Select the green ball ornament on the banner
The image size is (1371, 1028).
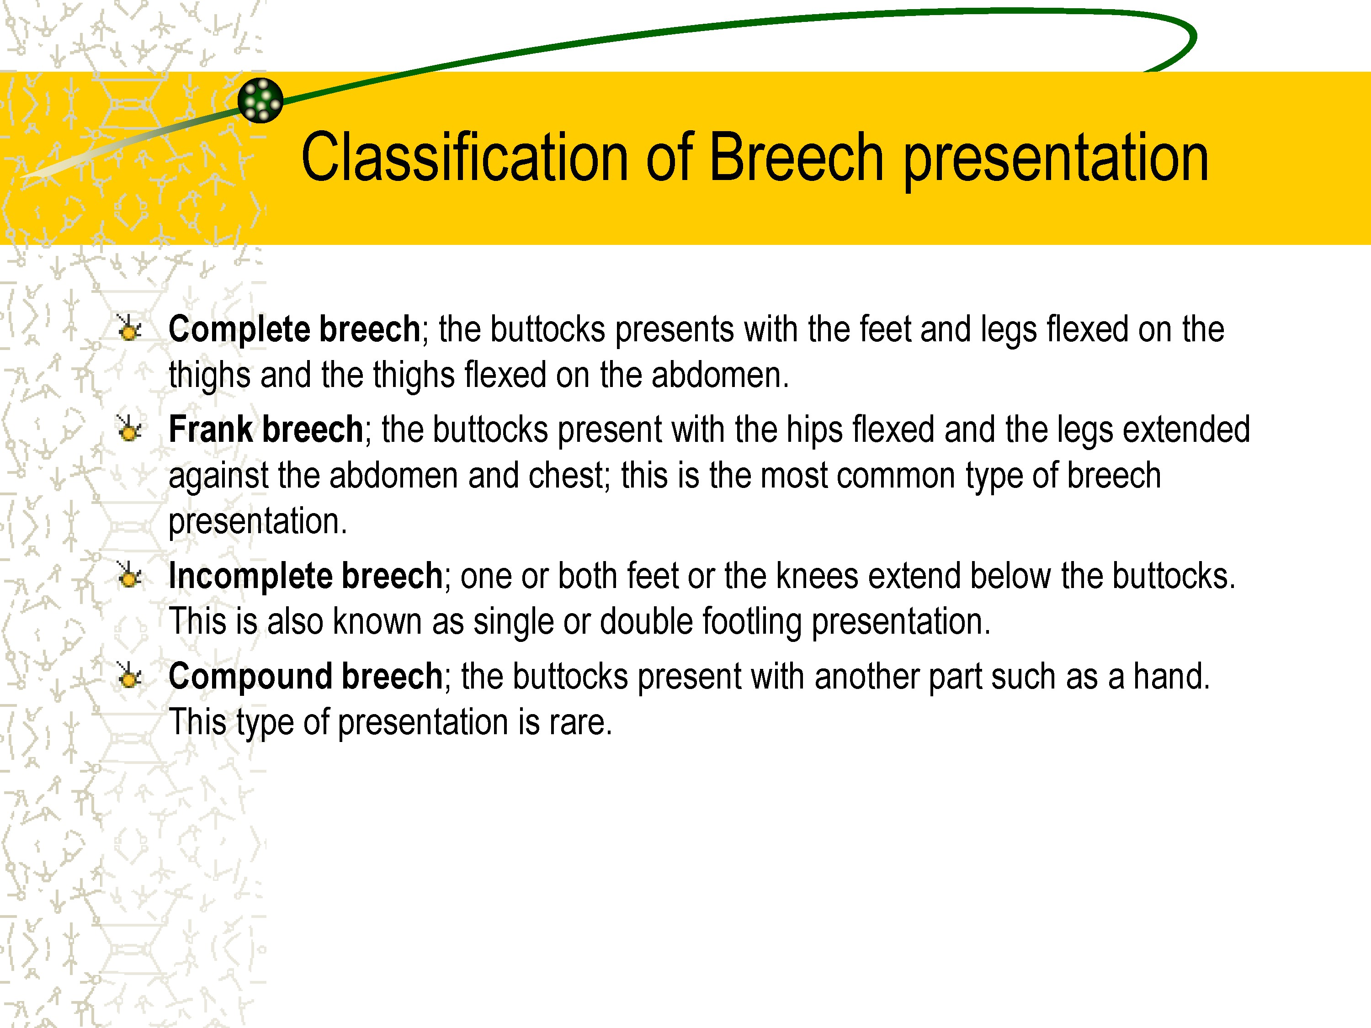click(260, 101)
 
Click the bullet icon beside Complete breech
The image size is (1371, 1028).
click(129, 329)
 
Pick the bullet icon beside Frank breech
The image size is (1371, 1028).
click(129, 429)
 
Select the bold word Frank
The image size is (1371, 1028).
click(211, 429)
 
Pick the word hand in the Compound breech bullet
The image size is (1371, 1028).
click(1171, 676)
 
